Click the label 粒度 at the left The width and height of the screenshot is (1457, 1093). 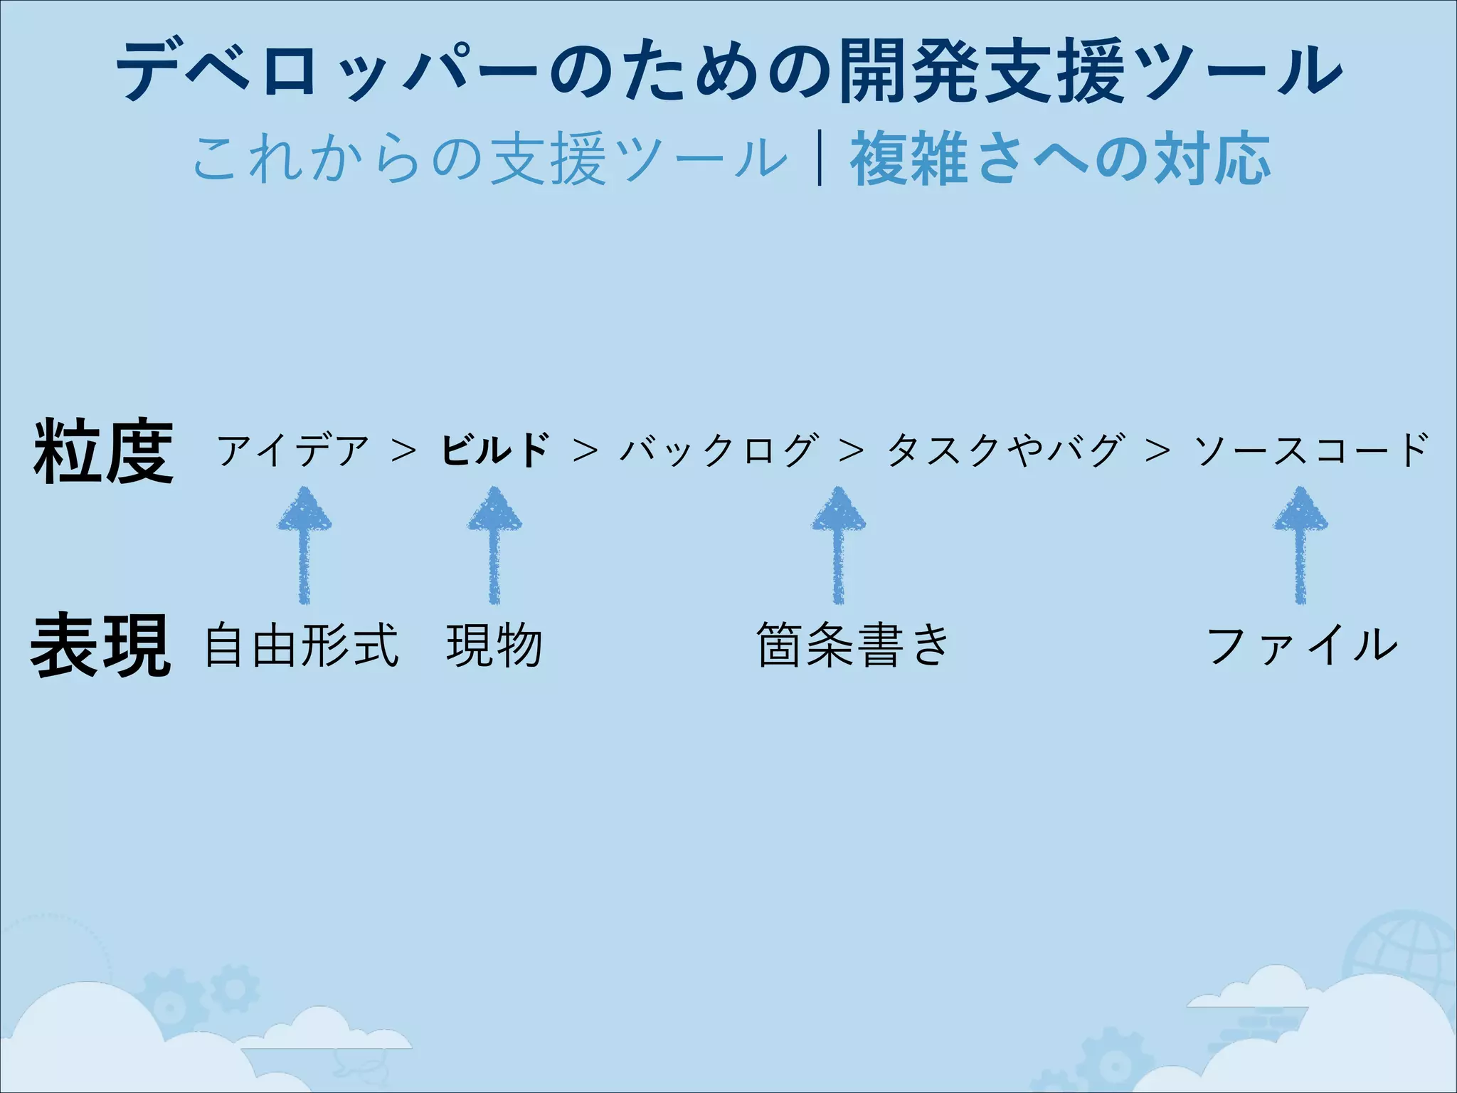(104, 451)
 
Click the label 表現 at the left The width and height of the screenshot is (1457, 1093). (101, 645)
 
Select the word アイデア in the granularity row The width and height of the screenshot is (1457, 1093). (293, 450)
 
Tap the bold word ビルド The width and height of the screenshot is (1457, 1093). (495, 450)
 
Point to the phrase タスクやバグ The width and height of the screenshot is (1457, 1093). (1006, 450)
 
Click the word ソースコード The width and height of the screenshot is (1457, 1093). (1312, 450)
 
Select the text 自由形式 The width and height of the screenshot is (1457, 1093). (302, 646)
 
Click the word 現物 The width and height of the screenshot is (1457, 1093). (495, 646)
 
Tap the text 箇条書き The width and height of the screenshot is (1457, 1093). (854, 646)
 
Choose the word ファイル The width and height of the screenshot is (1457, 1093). (1302, 646)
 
